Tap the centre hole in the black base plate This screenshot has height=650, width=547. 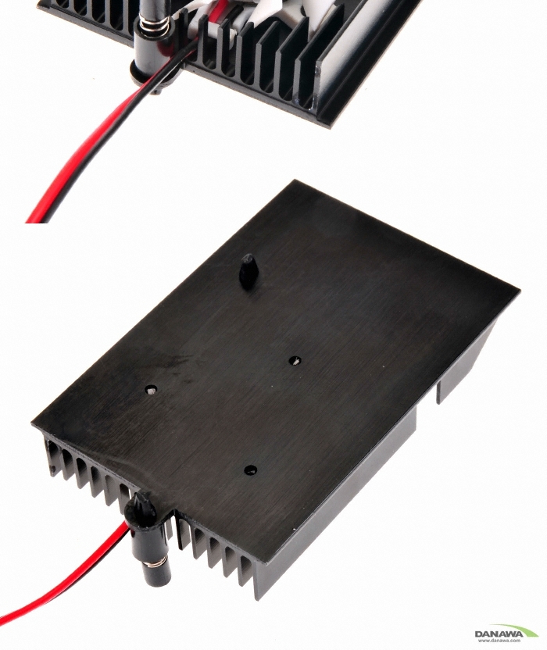pos(295,361)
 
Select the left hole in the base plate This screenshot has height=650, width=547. pos(151,390)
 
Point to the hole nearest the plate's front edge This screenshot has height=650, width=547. pos(250,470)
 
